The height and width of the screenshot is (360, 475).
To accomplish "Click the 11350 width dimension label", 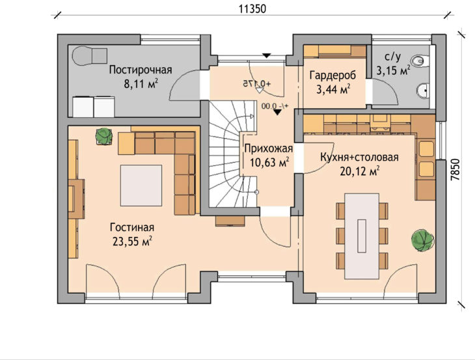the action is point(252,8).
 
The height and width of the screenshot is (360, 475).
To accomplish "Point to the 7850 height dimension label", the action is point(455,170).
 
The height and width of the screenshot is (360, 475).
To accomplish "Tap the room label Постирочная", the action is point(141,70).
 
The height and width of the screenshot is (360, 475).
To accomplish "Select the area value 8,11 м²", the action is point(141,83).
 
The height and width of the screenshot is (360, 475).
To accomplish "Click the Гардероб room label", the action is point(332,76).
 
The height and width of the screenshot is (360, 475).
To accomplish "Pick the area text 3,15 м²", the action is point(393,71).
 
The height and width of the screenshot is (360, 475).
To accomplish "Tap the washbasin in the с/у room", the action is point(423,90).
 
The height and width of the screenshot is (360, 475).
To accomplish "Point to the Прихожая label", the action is point(268,149).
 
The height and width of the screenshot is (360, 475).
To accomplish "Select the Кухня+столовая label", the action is point(359,158).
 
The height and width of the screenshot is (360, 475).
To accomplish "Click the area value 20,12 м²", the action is point(360,171).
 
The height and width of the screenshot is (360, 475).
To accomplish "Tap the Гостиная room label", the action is point(132,227).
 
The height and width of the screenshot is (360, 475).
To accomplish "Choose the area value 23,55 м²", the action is point(132,242).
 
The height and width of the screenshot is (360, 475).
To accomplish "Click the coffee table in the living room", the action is point(141,186).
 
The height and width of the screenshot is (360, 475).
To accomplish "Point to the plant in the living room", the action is point(104,136).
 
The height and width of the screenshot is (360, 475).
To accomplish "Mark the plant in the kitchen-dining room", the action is point(422,240).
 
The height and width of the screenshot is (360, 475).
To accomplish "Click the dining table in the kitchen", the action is point(362,236).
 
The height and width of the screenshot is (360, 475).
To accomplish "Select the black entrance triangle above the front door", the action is point(266,55).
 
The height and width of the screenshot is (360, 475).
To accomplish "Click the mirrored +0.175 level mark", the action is point(257,83).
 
